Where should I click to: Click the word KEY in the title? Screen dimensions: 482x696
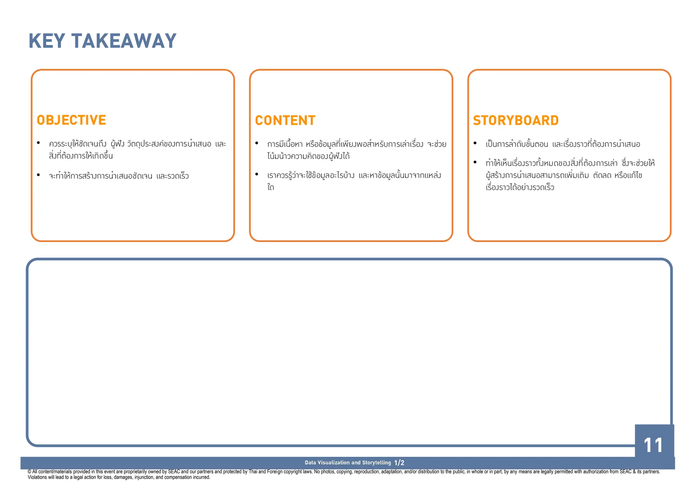point(47,41)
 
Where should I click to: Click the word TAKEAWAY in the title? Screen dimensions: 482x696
point(124,41)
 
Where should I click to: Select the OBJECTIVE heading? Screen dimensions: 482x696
point(71,120)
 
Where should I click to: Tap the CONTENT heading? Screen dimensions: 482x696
point(285,120)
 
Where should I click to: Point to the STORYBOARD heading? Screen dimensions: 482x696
point(516,120)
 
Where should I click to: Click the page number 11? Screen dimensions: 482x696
point(653,445)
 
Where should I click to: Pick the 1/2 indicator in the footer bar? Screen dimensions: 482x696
point(399,463)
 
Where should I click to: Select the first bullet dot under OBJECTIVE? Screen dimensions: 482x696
point(38,143)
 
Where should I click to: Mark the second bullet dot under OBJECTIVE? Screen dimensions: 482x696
point(38,175)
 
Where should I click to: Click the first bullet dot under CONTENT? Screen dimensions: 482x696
point(257,143)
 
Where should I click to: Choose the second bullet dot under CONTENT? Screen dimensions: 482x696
point(257,174)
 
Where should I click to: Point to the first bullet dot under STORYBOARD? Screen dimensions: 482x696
point(475,143)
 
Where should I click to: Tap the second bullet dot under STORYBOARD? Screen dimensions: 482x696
point(475,162)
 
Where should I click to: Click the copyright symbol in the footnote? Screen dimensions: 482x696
point(30,472)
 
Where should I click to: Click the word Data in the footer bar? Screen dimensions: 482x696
point(310,463)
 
